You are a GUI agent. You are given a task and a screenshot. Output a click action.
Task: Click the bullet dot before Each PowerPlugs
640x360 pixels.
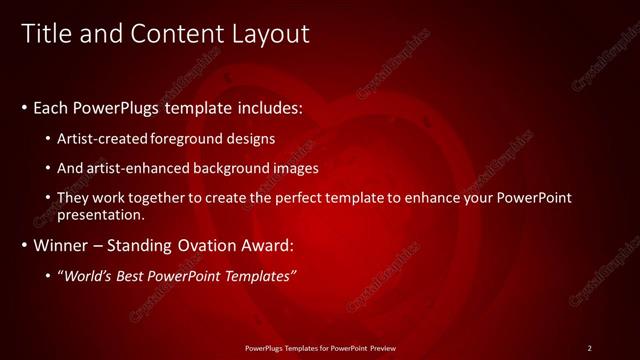[x=24, y=107]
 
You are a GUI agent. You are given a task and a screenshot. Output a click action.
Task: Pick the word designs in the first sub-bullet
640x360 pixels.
[x=250, y=138]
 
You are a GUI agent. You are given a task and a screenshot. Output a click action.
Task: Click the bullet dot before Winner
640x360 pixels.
[x=24, y=245]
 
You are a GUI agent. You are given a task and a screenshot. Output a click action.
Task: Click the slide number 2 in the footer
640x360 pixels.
[x=589, y=347]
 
